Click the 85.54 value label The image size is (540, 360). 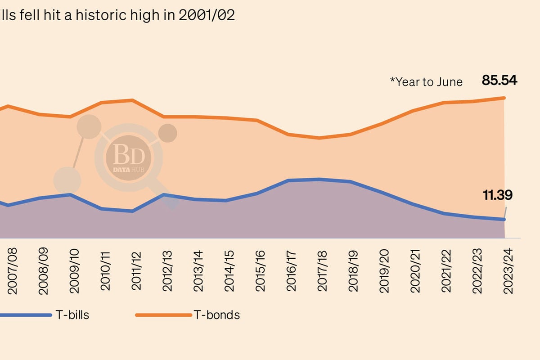499,81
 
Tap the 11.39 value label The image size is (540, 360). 497,195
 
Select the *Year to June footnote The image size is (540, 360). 426,82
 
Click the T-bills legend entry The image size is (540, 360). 72,315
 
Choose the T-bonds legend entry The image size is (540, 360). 216,315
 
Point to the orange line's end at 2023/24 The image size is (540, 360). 504,98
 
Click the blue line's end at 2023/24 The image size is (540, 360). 504,220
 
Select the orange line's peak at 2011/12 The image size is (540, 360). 132,100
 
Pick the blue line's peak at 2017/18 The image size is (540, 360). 319,179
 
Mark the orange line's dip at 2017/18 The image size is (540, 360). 319,138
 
